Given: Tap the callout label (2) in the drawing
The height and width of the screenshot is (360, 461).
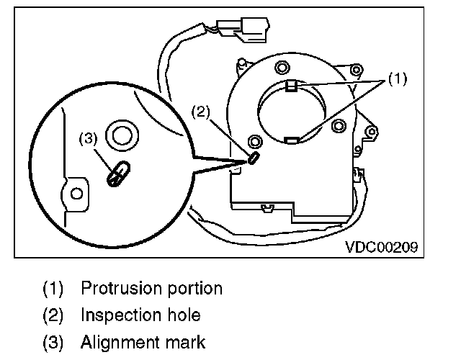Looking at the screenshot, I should (x=200, y=112).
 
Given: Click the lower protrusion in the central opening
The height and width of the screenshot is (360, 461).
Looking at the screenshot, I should (x=292, y=140).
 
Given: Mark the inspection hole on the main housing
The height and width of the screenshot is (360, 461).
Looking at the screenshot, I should (x=253, y=158).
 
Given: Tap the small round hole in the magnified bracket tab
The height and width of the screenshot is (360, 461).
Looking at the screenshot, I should (x=75, y=192).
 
